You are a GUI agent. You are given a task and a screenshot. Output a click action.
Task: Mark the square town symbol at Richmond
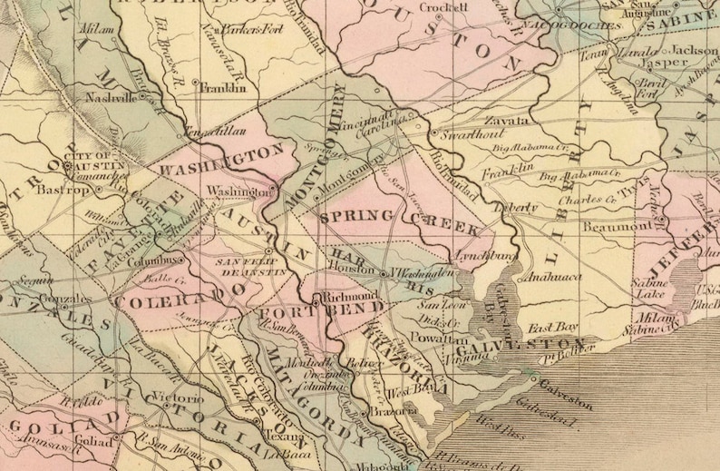tap(315, 297)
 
